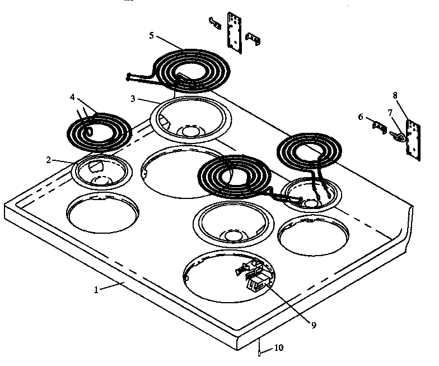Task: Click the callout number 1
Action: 96,290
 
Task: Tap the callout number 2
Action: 49,160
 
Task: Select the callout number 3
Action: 133,99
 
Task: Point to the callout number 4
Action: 72,96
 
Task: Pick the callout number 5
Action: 152,35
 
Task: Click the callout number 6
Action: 361,117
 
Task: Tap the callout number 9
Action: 314,325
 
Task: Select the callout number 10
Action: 278,348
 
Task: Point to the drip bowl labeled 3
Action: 191,119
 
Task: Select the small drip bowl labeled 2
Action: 101,171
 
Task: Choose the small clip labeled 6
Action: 380,128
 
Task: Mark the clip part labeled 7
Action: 398,136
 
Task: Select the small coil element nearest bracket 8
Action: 306,151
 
